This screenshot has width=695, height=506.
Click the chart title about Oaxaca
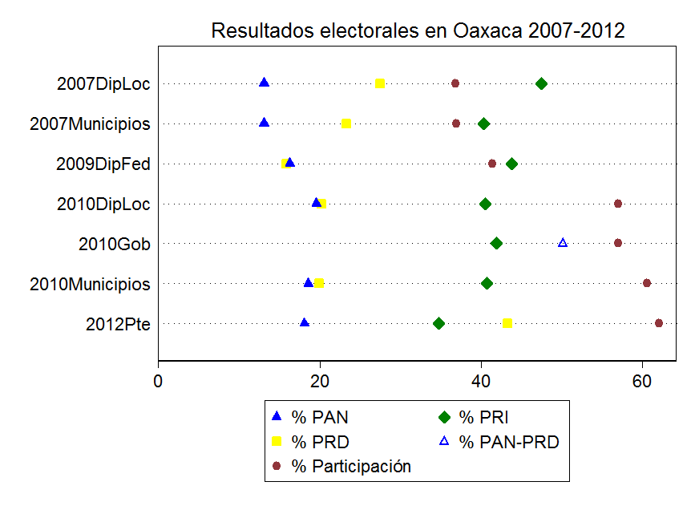click(x=418, y=31)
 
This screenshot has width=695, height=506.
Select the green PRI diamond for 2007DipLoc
click(x=541, y=83)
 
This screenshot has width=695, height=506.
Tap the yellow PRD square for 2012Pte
click(x=507, y=323)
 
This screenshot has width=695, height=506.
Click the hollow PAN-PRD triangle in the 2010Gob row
click(x=563, y=243)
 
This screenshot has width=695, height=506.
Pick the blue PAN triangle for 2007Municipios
click(x=264, y=123)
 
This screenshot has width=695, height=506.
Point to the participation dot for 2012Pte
click(x=659, y=323)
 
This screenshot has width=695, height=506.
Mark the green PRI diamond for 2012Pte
click(x=438, y=323)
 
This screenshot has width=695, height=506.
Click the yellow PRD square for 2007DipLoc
click(x=380, y=83)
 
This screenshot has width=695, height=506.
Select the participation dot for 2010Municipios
click(x=647, y=283)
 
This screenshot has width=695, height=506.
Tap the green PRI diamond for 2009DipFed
click(x=511, y=164)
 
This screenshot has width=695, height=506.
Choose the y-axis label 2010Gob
click(x=115, y=244)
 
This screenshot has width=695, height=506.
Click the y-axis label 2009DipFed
click(x=103, y=164)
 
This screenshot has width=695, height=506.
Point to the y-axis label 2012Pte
click(x=118, y=324)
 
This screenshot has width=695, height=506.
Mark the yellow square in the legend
click(x=276, y=442)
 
